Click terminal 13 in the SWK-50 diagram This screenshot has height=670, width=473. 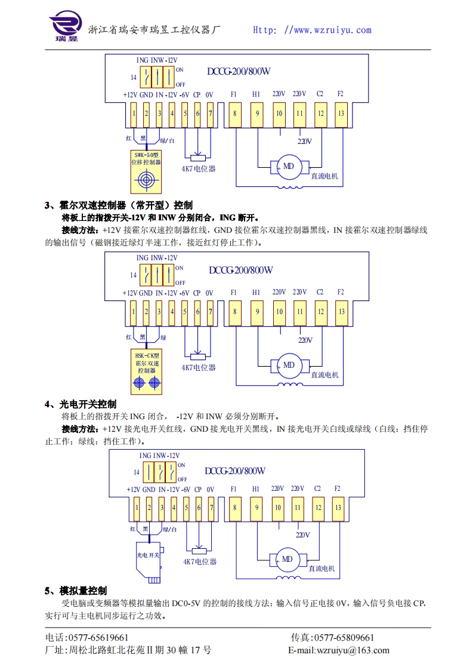point(341,113)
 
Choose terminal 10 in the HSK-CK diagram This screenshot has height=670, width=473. point(279,311)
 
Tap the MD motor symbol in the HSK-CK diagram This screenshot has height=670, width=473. point(289,365)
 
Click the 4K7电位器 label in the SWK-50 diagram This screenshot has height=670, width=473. point(199,169)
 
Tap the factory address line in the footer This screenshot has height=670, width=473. point(128,650)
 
